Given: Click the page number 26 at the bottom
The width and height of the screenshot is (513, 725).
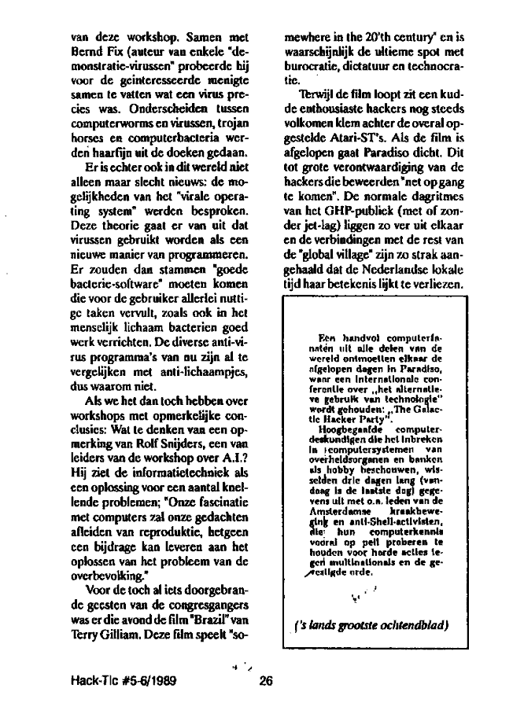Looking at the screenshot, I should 264,682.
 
